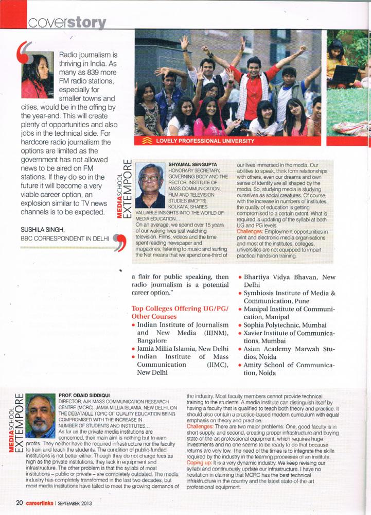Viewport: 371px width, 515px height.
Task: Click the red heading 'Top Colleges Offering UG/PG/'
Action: point(177,308)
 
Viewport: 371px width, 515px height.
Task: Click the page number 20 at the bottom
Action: point(18,503)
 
